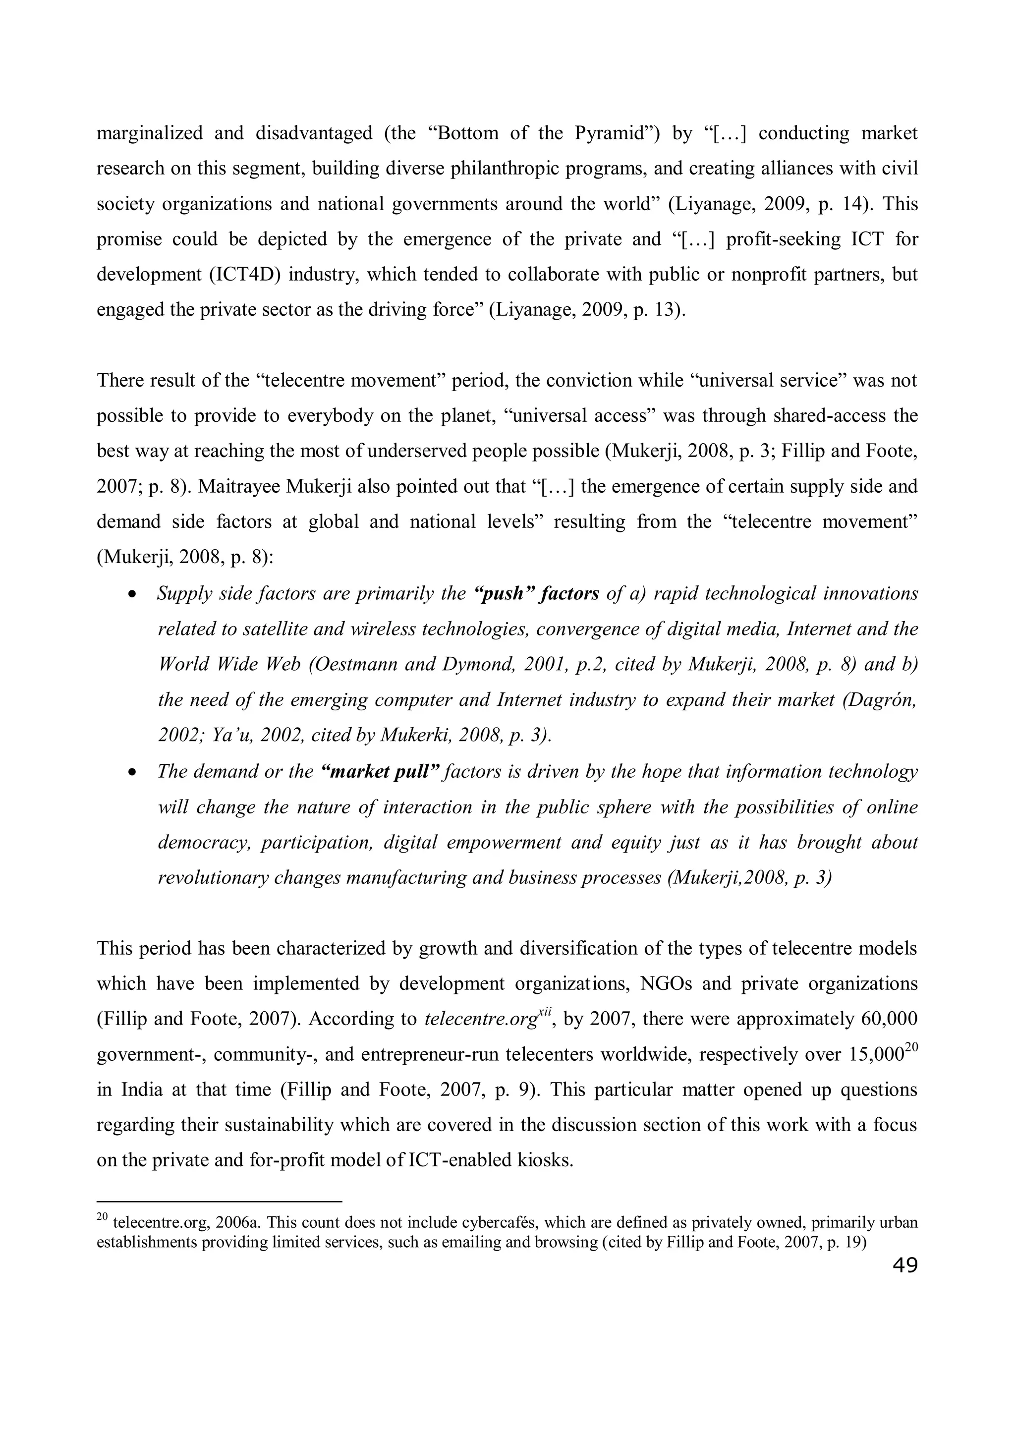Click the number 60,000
click(889, 1019)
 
